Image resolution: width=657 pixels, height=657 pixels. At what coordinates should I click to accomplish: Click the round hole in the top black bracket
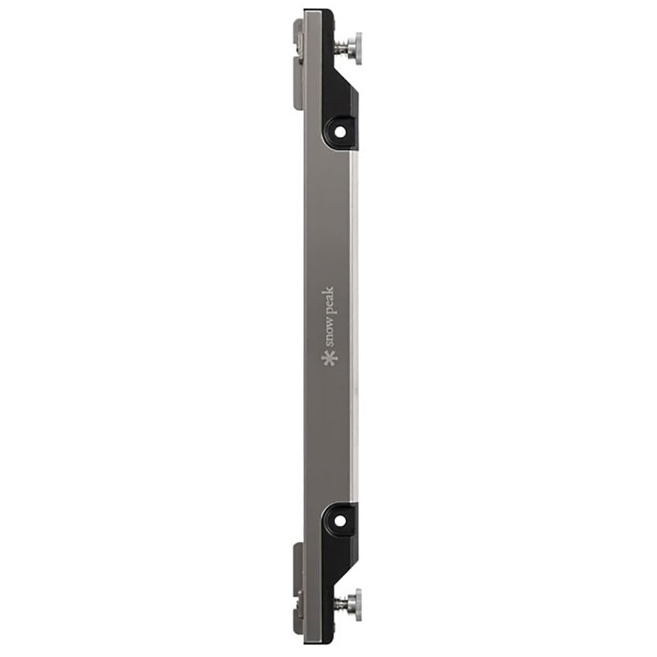click(x=340, y=131)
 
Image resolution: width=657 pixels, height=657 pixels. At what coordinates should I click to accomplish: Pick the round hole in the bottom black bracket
click(x=340, y=520)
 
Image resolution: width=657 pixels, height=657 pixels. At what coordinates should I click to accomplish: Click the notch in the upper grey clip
click(x=300, y=42)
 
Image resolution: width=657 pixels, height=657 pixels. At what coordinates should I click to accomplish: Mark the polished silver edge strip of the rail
click(x=355, y=328)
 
